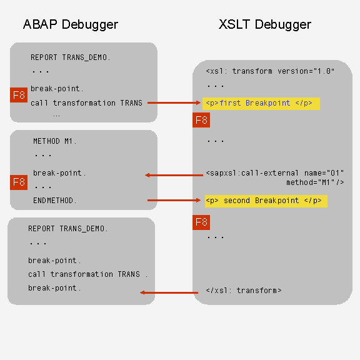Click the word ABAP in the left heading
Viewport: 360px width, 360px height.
[40, 24]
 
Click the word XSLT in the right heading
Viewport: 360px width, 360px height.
[234, 24]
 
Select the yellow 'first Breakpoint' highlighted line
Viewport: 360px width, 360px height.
[261, 104]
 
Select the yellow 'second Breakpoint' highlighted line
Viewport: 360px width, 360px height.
[266, 201]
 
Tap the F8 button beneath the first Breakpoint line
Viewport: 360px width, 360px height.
[201, 120]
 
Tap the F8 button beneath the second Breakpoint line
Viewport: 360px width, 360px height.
[201, 222]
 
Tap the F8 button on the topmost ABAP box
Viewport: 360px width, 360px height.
[19, 95]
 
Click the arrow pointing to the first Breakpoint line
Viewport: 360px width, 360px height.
[174, 102]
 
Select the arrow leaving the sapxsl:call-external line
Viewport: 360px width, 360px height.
[174, 175]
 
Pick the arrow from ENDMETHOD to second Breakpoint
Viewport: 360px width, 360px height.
[174, 200]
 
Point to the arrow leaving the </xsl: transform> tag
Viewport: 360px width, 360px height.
[169, 292]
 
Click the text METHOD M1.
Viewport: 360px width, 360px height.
[54, 141]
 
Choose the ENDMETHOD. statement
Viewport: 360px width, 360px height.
[54, 201]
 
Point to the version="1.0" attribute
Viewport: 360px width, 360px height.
[306, 71]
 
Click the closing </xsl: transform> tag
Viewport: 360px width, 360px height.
[244, 291]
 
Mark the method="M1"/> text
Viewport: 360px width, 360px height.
[315, 182]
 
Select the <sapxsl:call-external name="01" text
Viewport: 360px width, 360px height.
[275, 173]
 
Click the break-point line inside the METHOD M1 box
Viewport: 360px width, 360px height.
[59, 173]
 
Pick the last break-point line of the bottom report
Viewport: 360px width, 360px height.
[54, 288]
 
